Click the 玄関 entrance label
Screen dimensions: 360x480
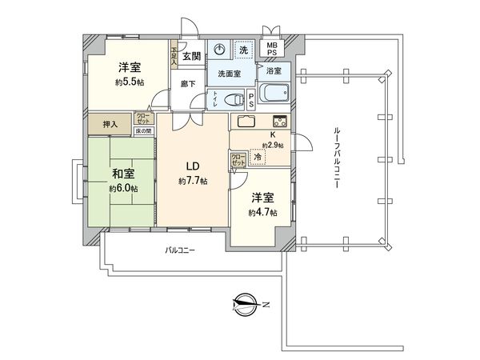coord(191,55)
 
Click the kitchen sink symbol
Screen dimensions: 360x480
coord(246,122)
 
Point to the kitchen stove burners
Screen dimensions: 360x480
coord(280,122)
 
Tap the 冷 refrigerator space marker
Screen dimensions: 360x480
coord(258,158)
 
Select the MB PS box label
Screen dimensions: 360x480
coord(273,50)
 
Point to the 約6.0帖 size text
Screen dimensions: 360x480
coord(123,189)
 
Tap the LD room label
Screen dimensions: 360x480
coord(193,166)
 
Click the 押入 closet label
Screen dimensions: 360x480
coord(111,124)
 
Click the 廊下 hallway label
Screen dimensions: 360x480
coord(188,82)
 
